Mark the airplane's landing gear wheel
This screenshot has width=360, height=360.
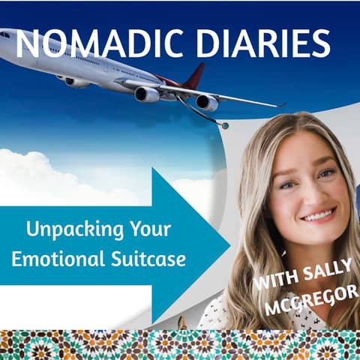coord(223,125)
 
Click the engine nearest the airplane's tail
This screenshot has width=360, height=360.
coord(206,102)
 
